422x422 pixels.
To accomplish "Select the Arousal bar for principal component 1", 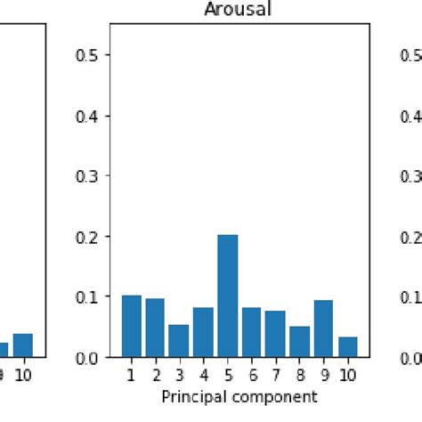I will (131, 326).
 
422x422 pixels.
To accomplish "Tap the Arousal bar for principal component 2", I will (155, 328).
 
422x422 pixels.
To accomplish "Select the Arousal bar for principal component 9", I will (323, 329).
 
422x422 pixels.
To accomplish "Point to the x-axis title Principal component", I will (239, 395).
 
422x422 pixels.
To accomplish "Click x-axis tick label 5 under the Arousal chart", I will (227, 375).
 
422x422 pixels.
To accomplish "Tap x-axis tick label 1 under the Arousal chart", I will (131, 375).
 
